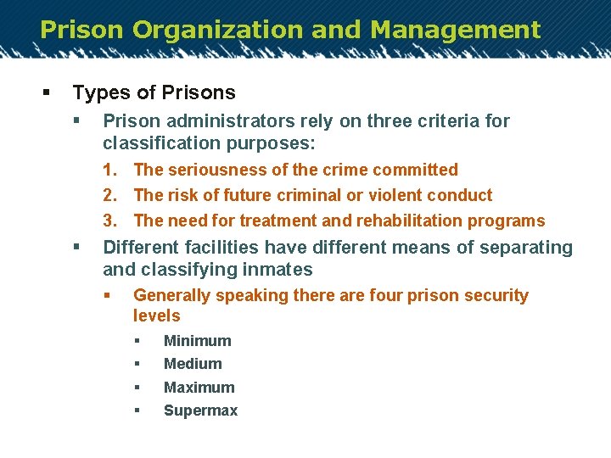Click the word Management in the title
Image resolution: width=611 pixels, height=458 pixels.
click(x=455, y=31)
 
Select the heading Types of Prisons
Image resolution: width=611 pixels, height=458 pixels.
click(x=154, y=92)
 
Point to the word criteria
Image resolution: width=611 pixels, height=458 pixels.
click(x=448, y=121)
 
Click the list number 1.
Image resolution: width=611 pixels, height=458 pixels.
click(x=109, y=170)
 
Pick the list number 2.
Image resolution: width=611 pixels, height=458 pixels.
click(x=109, y=196)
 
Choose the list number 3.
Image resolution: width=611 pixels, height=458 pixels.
click(x=109, y=221)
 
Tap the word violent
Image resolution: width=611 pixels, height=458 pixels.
click(x=393, y=196)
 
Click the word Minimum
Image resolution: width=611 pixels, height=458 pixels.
click(x=197, y=341)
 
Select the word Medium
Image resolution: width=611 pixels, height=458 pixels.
click(x=193, y=364)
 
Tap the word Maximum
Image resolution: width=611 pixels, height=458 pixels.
click(x=199, y=388)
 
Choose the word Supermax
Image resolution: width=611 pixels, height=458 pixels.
click(x=200, y=411)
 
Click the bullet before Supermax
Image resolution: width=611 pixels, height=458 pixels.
click(x=137, y=411)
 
